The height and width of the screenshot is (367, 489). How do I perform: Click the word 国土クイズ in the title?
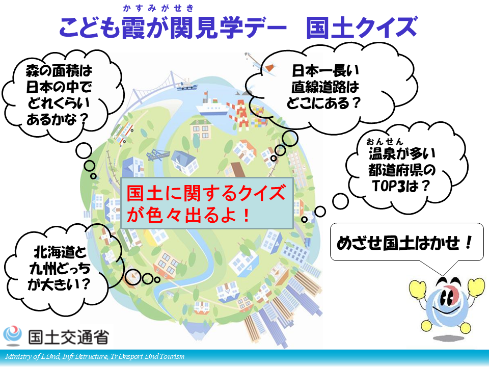click(362, 28)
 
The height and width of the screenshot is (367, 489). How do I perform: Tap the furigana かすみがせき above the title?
click(158, 8)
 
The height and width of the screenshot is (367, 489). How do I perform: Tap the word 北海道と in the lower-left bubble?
click(60, 252)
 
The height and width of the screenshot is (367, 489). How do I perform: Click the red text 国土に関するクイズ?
click(206, 193)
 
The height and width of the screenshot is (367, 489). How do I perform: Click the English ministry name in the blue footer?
click(95, 356)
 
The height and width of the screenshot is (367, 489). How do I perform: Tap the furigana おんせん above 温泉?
click(385, 142)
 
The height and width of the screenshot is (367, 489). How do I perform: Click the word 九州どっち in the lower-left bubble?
click(60, 269)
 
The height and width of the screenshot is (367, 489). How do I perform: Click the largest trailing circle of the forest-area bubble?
click(84, 151)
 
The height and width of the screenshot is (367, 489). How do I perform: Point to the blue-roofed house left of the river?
click(184, 162)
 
